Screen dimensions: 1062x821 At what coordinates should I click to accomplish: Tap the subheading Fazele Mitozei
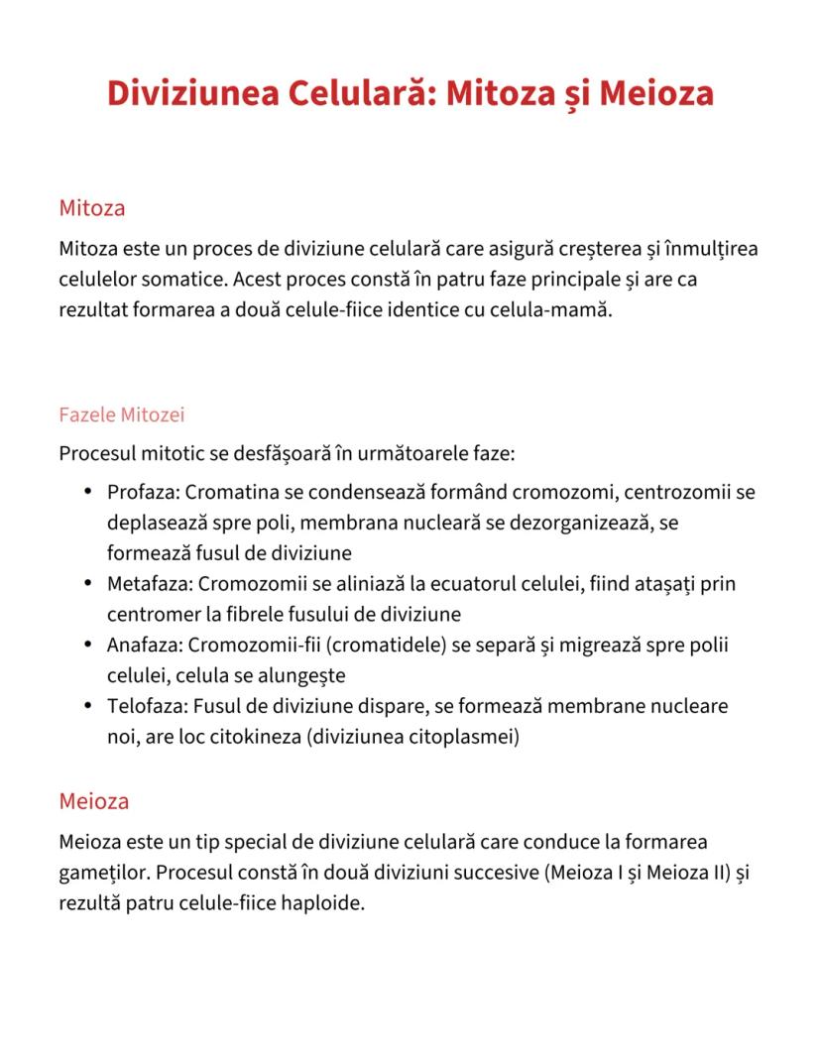[x=122, y=414]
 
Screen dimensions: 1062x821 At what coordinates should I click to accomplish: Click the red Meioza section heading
[x=94, y=800]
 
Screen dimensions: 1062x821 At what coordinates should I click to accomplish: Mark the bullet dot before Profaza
[x=88, y=492]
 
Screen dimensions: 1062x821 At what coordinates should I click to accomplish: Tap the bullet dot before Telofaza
[x=88, y=707]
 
